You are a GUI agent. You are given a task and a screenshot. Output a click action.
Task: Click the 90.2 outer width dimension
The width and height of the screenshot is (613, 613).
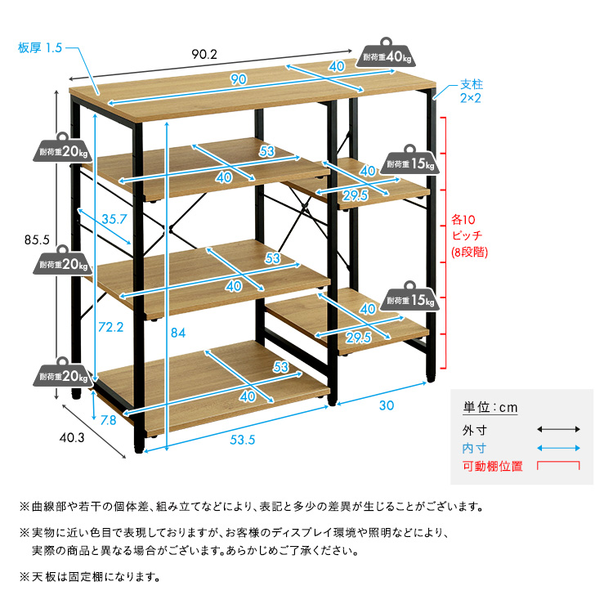(204, 55)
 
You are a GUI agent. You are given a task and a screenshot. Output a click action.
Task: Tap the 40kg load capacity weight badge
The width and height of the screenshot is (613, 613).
(385, 55)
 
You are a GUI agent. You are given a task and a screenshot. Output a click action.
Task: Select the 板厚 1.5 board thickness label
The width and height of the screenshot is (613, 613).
(40, 47)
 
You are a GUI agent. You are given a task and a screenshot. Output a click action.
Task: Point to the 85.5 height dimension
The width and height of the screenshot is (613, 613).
(38, 240)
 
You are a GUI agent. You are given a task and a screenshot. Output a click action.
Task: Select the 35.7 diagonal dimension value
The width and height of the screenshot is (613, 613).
(114, 219)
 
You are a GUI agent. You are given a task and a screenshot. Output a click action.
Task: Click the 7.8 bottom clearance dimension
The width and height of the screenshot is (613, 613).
(108, 421)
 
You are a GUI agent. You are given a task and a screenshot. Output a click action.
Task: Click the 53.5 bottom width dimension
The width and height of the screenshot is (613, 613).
(243, 441)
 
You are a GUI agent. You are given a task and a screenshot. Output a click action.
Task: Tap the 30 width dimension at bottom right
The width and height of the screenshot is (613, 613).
(387, 405)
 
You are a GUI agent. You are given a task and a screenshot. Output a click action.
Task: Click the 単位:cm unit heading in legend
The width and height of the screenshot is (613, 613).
(490, 408)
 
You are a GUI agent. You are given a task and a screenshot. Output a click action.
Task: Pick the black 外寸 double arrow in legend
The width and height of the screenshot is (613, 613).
(558, 429)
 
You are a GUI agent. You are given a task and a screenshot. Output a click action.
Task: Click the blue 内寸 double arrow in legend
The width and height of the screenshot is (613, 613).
(558, 448)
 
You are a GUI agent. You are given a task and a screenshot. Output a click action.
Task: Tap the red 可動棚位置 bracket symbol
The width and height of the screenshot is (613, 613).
(558, 466)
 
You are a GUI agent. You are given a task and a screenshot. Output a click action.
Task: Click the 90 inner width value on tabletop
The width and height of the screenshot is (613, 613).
(238, 79)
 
